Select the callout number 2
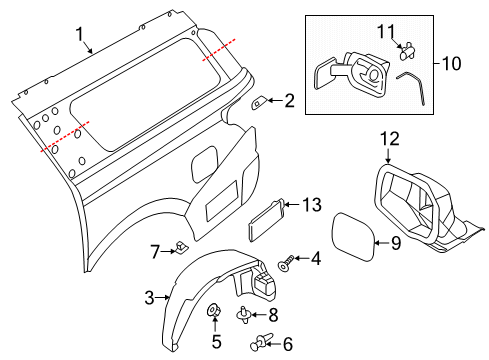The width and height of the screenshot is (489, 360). pos(289,100)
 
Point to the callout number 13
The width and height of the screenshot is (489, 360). pos(313,205)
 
